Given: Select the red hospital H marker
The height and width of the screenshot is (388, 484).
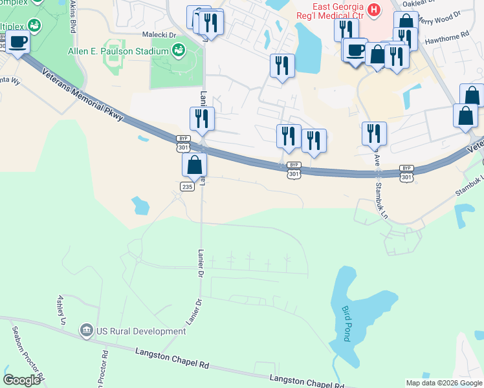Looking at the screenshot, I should tap(373, 10).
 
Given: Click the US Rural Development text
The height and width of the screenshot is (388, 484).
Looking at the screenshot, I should tap(142, 331).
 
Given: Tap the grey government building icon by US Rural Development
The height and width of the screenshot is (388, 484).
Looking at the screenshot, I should tap(86, 331).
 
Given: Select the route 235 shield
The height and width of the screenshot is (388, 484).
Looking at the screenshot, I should tap(186, 186).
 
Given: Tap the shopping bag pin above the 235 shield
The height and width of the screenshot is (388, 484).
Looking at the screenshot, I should tap(194, 166).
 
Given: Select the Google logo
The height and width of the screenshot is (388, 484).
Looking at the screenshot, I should tap(22, 380).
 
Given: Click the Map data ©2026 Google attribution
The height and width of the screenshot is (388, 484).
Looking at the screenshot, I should tap(443, 383).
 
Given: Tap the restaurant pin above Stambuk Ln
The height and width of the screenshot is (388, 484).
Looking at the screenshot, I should tap(374, 134).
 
